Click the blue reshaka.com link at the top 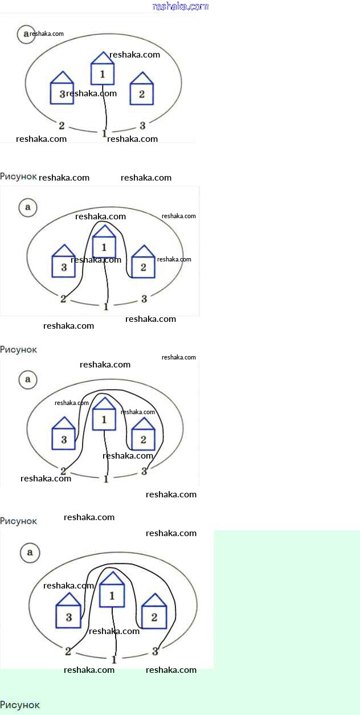[x=181, y=6]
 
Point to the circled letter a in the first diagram [x=25, y=34]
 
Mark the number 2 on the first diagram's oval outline [x=62, y=125]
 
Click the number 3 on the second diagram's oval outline [x=144, y=298]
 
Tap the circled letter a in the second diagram [x=27, y=207]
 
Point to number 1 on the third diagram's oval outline [x=106, y=479]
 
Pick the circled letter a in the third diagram [x=27, y=380]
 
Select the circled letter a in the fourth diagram [x=30, y=552]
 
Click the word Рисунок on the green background [x=20, y=705]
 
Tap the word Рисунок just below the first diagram [x=18, y=177]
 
